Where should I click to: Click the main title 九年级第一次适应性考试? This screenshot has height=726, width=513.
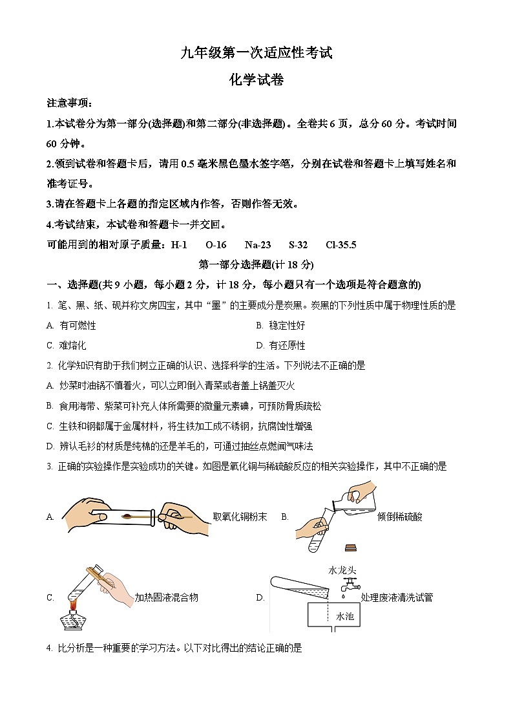256,53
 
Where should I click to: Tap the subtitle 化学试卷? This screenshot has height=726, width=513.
256,80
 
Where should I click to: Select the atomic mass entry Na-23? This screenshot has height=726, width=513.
258,244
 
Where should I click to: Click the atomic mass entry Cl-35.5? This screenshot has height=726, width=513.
341,244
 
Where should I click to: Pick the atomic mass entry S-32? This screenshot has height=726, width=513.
298,244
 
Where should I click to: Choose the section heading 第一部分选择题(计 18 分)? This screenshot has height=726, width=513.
256,264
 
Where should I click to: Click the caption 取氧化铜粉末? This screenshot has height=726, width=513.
240,517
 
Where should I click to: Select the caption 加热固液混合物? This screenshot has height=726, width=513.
166,597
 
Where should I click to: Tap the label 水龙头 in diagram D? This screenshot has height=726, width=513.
342,570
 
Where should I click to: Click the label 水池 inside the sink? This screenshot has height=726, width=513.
344,617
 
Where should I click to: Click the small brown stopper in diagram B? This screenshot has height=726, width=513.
351,548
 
